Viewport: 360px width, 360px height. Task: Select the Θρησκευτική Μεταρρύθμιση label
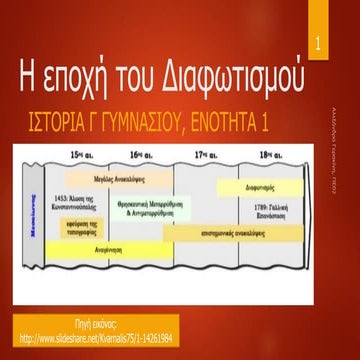click(x=155, y=208)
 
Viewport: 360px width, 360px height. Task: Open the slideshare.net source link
click(x=110, y=336)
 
